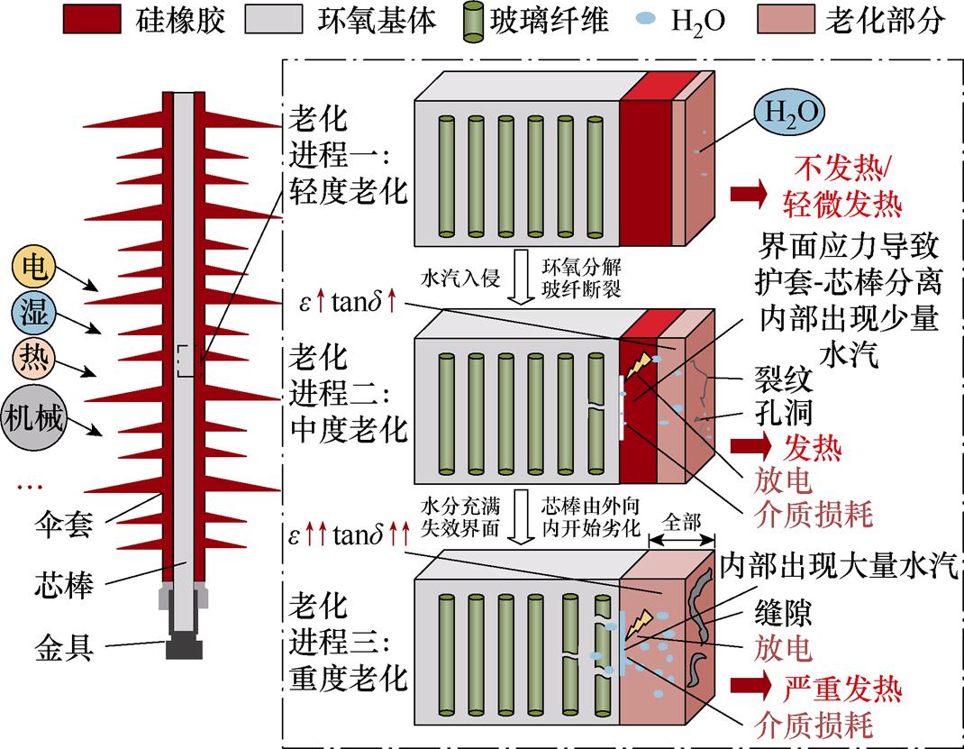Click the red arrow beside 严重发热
[x=750, y=690]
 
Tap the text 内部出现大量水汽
[x=839, y=567]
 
